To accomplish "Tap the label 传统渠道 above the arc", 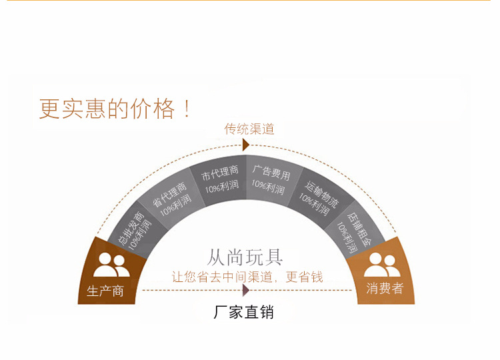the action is click(249, 129).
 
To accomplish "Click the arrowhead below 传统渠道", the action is click(245, 145).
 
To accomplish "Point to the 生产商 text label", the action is click(105, 291).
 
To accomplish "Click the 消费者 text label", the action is click(385, 289).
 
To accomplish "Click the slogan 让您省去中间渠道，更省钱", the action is click(247, 277).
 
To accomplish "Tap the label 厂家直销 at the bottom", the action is click(243, 311).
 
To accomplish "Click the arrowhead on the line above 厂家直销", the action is click(245, 290).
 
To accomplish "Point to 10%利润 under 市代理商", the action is click(221, 189).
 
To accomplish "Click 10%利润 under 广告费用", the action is click(268, 188).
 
